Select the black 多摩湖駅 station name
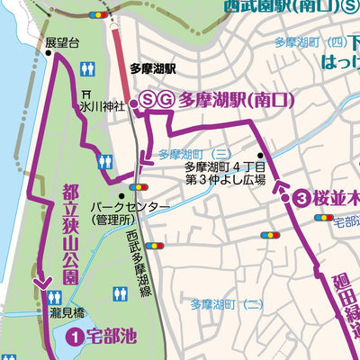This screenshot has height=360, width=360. point(152,67)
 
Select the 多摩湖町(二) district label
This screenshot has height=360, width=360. point(227,305)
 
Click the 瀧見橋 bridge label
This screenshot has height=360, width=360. point(67,311)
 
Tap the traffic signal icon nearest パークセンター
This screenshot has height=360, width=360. point(139,187)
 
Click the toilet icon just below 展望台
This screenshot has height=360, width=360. point(88,68)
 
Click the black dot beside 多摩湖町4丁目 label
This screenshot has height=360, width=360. point(261,155)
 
